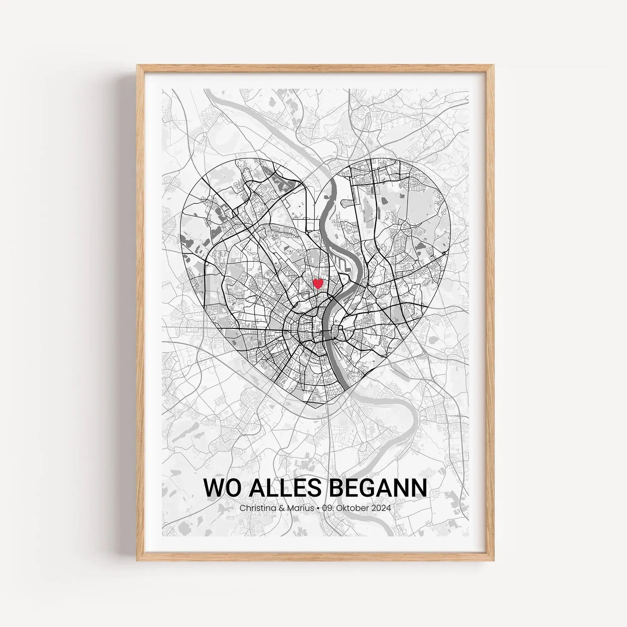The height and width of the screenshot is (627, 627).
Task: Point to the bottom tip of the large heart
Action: click(x=316, y=409)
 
